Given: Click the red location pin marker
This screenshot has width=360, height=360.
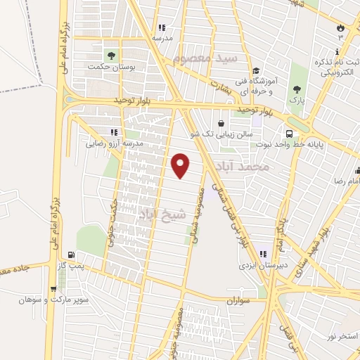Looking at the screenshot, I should click(181, 165).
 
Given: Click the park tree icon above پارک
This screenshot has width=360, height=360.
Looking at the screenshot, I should click(298, 89).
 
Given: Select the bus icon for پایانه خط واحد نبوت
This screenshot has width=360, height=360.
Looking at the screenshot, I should click(289, 134).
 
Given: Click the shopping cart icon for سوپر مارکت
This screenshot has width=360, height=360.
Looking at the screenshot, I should click(53, 288).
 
